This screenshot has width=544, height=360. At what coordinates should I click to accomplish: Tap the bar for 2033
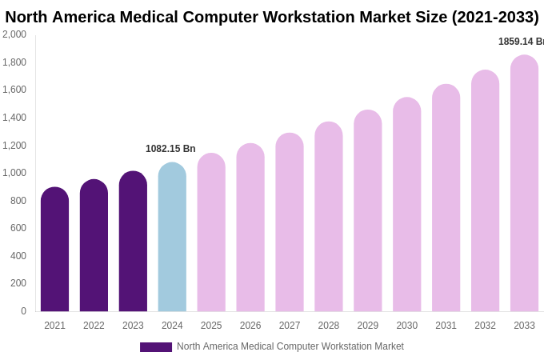pyautogui.click(x=524, y=184)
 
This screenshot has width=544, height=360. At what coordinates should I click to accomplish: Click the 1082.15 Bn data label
pyautogui.click(x=170, y=149)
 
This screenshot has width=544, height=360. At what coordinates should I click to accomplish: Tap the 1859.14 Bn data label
pyautogui.click(x=521, y=42)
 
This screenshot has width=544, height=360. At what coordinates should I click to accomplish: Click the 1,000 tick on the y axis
pyautogui.click(x=14, y=173)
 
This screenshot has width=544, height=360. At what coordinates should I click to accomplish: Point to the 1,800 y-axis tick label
pyautogui.click(x=14, y=62)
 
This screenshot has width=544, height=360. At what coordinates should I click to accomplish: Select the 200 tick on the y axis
pyautogui.click(x=18, y=283)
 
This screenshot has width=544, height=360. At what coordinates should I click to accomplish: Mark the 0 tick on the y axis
pyautogui.click(x=23, y=311)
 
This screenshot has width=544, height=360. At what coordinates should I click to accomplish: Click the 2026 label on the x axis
pyautogui.click(x=250, y=326)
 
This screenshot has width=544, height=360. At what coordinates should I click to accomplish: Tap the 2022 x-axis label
pyautogui.click(x=94, y=326)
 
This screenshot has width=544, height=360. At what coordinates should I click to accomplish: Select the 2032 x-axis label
pyautogui.click(x=485, y=326)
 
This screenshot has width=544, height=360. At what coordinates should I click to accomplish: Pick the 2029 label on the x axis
pyautogui.click(x=367, y=326)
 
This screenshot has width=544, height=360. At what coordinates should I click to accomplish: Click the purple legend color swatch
pyautogui.click(x=155, y=347)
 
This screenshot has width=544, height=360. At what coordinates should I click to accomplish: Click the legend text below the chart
pyautogui.click(x=290, y=346)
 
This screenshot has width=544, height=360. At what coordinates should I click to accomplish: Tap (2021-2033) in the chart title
pyautogui.click(x=495, y=17)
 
